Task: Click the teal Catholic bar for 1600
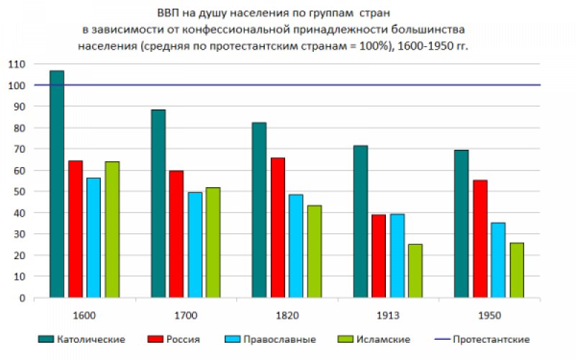(x=57, y=184)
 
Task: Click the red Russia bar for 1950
(x=480, y=238)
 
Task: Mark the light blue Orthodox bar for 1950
(x=498, y=260)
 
